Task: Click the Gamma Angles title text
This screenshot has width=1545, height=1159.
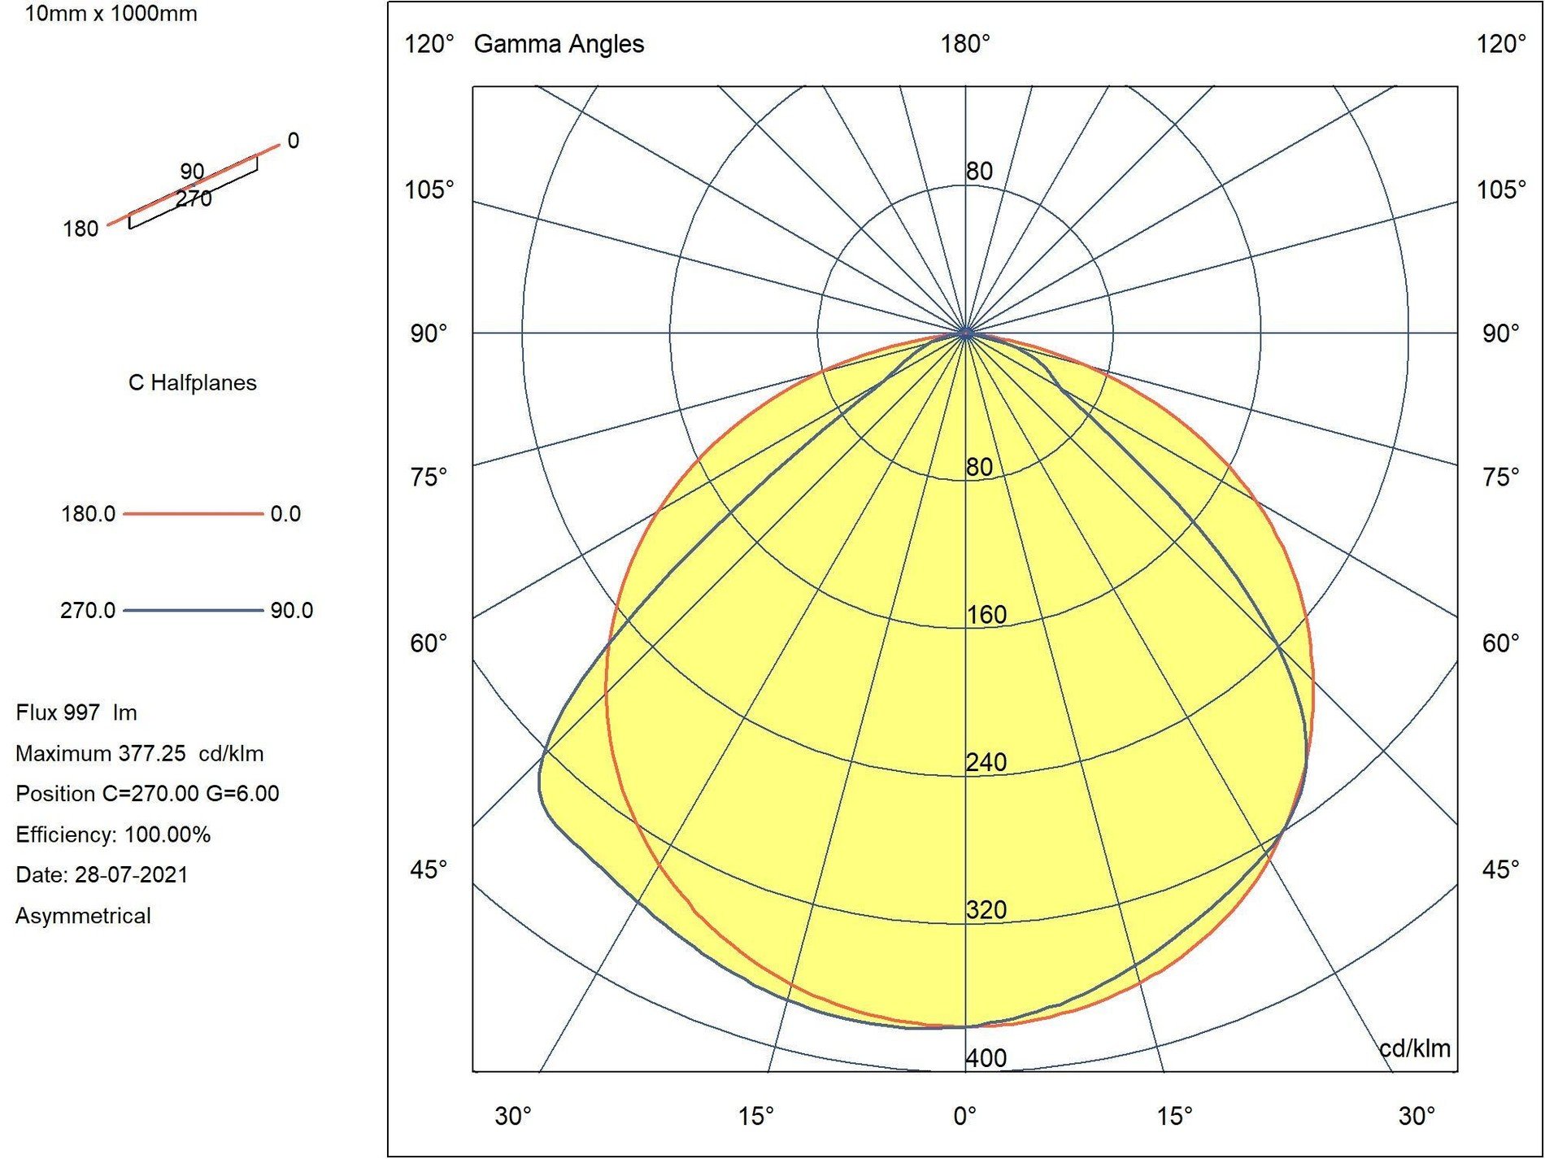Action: pos(559,44)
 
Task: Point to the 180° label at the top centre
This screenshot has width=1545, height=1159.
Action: pos(965,44)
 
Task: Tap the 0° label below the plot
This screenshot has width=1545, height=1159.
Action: pos(965,1116)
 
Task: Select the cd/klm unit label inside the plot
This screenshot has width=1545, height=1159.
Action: pos(1415,1048)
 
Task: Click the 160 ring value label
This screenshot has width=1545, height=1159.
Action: pos(986,615)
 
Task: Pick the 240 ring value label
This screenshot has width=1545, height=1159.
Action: pos(986,762)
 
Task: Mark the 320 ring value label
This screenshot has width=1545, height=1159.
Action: pos(986,909)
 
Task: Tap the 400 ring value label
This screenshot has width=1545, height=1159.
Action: pos(986,1058)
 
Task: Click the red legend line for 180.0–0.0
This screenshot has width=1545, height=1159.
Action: pos(193,514)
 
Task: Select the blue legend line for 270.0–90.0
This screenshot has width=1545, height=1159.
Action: pos(193,611)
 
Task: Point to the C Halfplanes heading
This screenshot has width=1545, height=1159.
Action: pos(193,383)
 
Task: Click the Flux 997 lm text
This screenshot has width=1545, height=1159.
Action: pos(76,713)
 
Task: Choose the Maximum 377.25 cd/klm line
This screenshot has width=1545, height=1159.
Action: pos(139,754)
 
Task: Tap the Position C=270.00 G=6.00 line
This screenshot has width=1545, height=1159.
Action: pos(147,794)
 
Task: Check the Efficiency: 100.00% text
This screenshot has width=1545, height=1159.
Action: pos(113,834)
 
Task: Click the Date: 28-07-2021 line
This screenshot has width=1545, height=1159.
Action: pos(102,875)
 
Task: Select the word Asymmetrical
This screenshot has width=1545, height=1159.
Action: pos(83,916)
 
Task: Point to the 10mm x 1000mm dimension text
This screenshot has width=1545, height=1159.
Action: pos(111,14)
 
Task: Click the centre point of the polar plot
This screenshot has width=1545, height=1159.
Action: pos(965,333)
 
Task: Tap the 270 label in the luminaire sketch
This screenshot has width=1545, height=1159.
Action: pos(194,198)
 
